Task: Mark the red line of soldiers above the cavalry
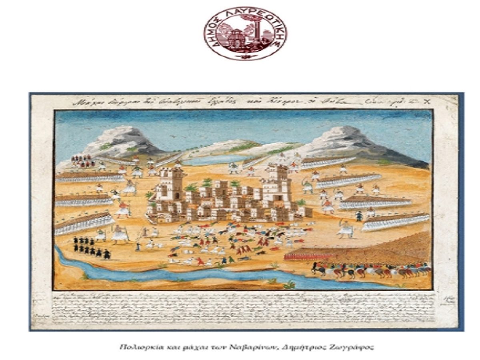[304, 256]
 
